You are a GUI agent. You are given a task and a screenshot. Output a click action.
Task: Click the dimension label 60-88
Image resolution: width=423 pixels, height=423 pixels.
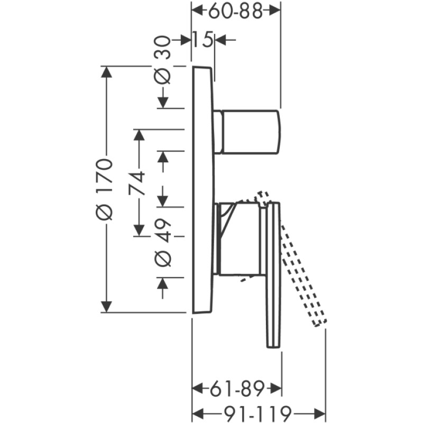click(235, 11)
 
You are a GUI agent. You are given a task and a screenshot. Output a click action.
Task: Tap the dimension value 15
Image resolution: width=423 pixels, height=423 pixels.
click(203, 39)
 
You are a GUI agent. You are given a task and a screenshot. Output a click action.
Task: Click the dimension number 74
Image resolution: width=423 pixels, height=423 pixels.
click(138, 182)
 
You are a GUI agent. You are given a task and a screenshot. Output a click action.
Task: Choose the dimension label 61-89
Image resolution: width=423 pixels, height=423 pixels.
click(236, 390)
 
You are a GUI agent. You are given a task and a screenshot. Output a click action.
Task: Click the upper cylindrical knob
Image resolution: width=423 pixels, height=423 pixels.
click(247, 132)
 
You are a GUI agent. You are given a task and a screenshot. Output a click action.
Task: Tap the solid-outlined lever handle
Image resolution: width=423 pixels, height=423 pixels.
click(273, 275)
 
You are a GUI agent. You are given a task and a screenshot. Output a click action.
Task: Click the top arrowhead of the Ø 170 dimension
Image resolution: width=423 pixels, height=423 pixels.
click(107, 72)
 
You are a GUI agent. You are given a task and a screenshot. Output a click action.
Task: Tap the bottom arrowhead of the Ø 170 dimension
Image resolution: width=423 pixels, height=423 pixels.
click(107, 307)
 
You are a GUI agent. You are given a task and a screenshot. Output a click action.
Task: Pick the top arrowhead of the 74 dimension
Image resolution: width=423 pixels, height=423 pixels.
click(139, 134)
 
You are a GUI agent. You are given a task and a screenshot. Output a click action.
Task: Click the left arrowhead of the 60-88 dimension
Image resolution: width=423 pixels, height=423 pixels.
click(197, 10)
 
